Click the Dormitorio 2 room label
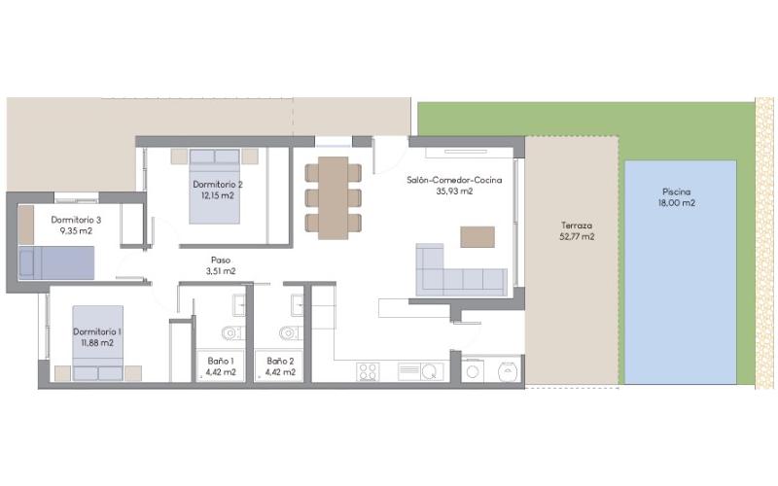point(218,185)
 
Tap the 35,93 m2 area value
point(454,191)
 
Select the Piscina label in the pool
point(676,191)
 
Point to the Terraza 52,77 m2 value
point(577,236)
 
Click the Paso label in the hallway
point(221,260)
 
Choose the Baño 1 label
point(221,361)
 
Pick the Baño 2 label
point(280,361)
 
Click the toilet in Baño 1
point(233,332)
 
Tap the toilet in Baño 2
point(291,332)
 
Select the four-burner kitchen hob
point(369,372)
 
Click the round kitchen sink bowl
point(430,371)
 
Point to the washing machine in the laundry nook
point(473,371)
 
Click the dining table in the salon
point(333,198)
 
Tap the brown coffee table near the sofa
point(477,237)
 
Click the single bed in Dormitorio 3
point(56,262)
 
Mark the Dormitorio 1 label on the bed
point(97,331)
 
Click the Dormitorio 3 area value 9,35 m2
point(76,230)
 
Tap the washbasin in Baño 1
point(239,304)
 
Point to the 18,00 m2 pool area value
point(676,203)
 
